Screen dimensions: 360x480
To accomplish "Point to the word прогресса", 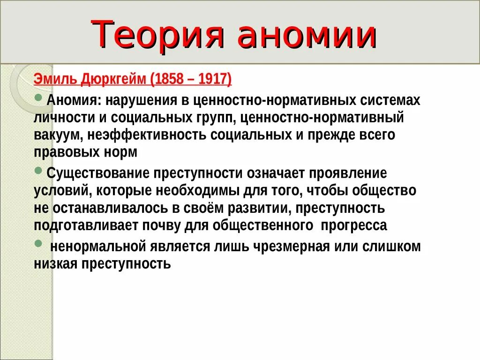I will point(353,225).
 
